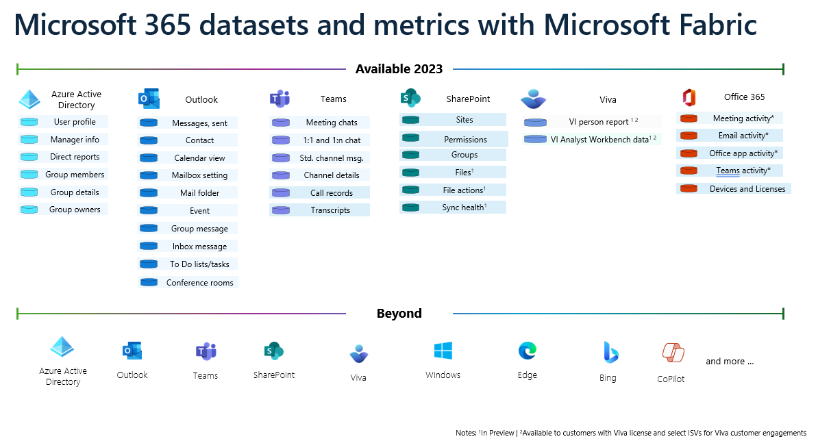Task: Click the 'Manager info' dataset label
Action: click(75, 140)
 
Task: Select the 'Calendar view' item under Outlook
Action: click(200, 158)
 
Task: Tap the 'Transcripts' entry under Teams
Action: click(330, 210)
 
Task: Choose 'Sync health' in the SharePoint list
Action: click(464, 207)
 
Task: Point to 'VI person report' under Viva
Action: click(598, 122)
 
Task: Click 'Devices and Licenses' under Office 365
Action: click(747, 189)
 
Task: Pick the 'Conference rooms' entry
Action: click(200, 283)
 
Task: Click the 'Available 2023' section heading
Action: click(399, 68)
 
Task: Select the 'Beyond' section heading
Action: click(399, 313)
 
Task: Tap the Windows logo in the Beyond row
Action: click(443, 351)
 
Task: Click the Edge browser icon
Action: click(528, 351)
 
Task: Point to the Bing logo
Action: click(610, 353)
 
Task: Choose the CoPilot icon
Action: click(673, 353)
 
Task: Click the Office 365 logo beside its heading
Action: click(689, 97)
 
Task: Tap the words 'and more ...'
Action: click(730, 362)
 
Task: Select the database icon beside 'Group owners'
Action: click(29, 210)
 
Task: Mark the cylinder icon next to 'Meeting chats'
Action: click(281, 123)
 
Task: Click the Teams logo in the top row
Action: click(280, 99)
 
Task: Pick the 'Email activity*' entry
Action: click(743, 136)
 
